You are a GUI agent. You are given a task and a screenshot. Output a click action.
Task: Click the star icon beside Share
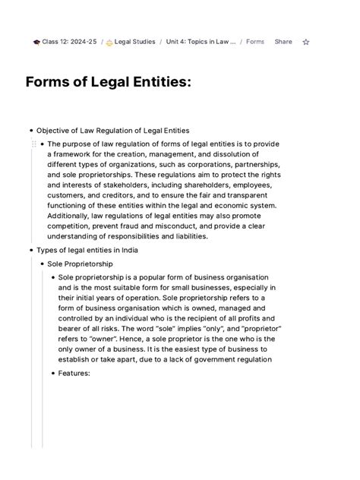(x=306, y=42)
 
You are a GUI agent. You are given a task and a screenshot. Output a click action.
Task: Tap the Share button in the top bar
(x=283, y=42)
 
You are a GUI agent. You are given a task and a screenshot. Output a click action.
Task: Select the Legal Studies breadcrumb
(x=134, y=42)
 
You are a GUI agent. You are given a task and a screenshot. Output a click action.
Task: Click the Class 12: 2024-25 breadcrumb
(x=69, y=42)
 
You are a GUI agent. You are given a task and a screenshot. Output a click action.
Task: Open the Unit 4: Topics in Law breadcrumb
(x=201, y=42)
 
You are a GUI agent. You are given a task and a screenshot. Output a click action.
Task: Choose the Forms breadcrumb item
(x=255, y=42)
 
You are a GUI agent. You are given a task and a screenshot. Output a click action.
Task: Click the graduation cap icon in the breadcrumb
(x=36, y=42)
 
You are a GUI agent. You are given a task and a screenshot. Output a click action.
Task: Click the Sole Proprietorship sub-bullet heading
(x=80, y=264)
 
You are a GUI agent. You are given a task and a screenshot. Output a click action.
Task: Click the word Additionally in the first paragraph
(x=72, y=216)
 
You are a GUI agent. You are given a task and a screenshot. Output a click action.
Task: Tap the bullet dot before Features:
(x=52, y=374)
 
